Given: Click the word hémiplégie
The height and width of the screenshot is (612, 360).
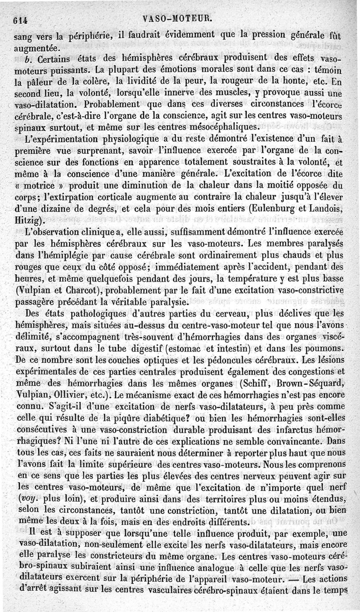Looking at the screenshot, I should point(60,255).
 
